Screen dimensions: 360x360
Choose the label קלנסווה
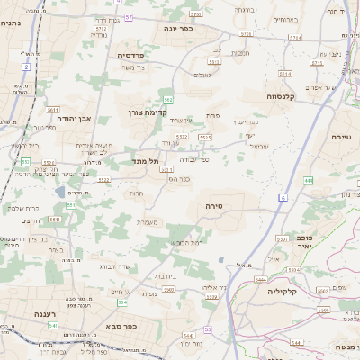coord(271,94)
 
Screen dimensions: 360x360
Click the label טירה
coord(213,206)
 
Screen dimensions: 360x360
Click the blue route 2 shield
coord(27,67)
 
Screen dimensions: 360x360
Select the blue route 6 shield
coord(283,196)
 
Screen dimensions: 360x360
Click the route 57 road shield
coord(129,17)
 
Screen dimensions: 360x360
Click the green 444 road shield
coord(309,180)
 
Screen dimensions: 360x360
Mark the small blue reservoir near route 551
coord(59,192)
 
